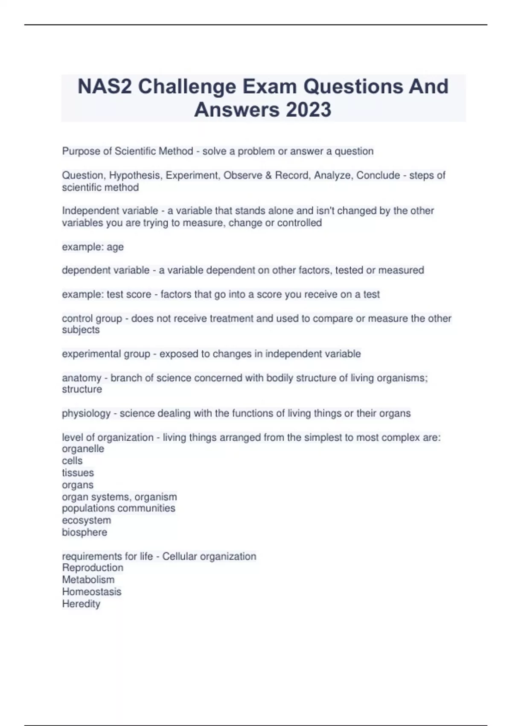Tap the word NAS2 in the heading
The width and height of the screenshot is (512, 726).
105,87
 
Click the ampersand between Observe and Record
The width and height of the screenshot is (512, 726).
269,176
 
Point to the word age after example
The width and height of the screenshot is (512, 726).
115,247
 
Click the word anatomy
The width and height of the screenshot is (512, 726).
81,378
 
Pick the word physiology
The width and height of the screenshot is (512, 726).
86,413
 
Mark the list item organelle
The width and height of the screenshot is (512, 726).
83,449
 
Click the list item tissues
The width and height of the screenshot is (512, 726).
78,473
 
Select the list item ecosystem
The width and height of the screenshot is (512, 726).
86,520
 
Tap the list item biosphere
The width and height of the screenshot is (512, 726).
84,532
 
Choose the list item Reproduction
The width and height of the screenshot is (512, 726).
93,568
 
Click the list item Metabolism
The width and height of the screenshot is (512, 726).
88,580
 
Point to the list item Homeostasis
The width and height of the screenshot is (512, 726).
91,592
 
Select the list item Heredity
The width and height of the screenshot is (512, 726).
81,604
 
